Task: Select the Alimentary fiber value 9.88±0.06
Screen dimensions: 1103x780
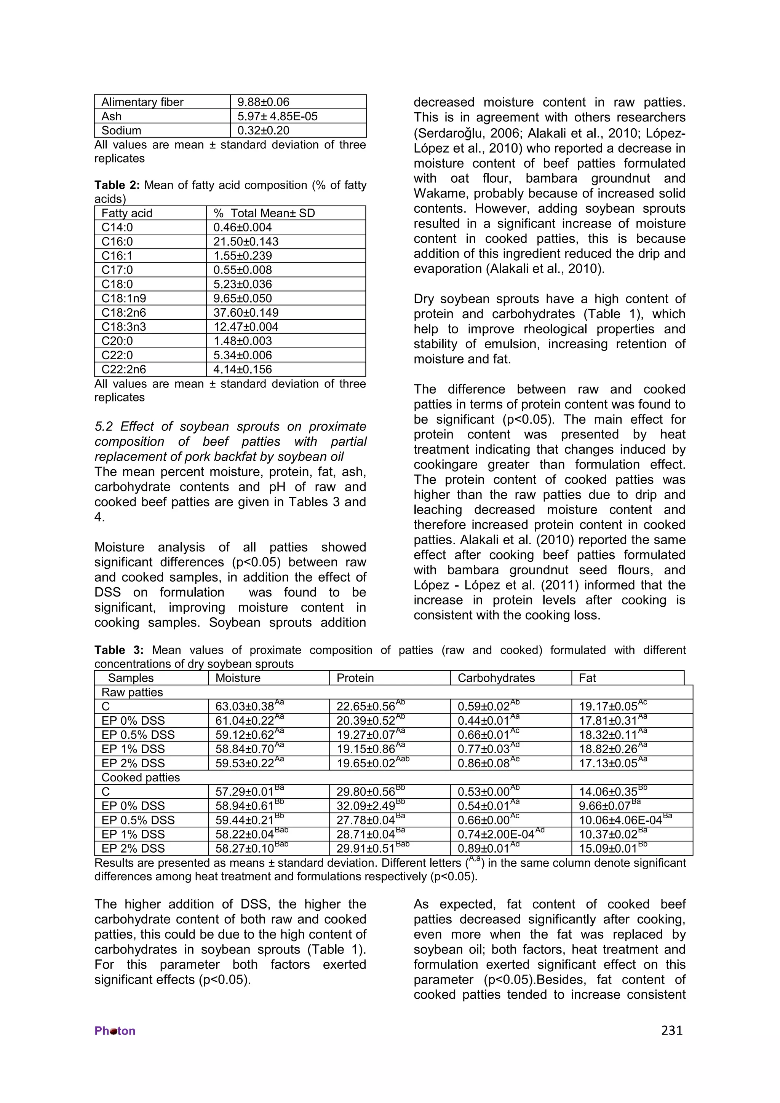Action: click(x=263, y=102)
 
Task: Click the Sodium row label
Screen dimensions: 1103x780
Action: click(x=121, y=130)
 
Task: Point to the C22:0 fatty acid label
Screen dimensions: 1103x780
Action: click(x=117, y=355)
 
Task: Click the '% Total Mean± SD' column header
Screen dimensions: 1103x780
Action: click(x=264, y=213)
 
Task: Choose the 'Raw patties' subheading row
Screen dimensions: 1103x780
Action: click(x=132, y=692)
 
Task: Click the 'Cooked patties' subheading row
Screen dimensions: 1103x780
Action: click(x=140, y=777)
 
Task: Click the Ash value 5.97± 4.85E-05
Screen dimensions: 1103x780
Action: click(x=277, y=116)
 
